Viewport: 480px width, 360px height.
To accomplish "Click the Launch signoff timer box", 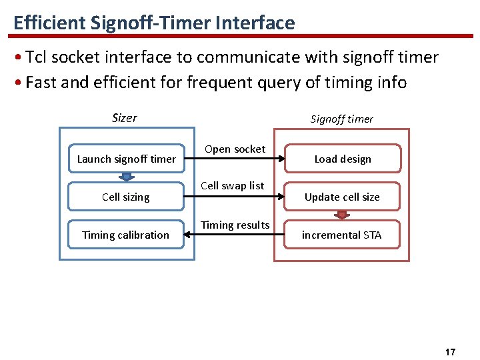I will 126,159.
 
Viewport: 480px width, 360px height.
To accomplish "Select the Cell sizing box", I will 126,197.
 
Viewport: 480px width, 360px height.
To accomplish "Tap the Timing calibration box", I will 126,235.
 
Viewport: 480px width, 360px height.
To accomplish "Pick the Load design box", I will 343,159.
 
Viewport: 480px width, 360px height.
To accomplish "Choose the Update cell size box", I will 343,197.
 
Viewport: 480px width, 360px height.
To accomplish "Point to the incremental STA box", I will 343,235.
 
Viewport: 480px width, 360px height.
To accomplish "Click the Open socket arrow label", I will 235,149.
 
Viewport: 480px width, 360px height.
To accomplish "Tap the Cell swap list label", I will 233,186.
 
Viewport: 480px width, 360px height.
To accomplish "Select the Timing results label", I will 235,225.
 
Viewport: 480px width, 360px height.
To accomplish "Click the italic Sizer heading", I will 125,118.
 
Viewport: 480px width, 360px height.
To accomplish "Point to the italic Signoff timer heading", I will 342,119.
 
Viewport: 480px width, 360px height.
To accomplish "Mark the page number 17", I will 450,351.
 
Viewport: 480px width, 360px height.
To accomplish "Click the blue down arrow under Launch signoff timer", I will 126,177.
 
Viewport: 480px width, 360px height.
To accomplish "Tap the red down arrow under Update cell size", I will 343,215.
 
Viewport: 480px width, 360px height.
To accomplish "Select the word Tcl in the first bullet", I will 37,57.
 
